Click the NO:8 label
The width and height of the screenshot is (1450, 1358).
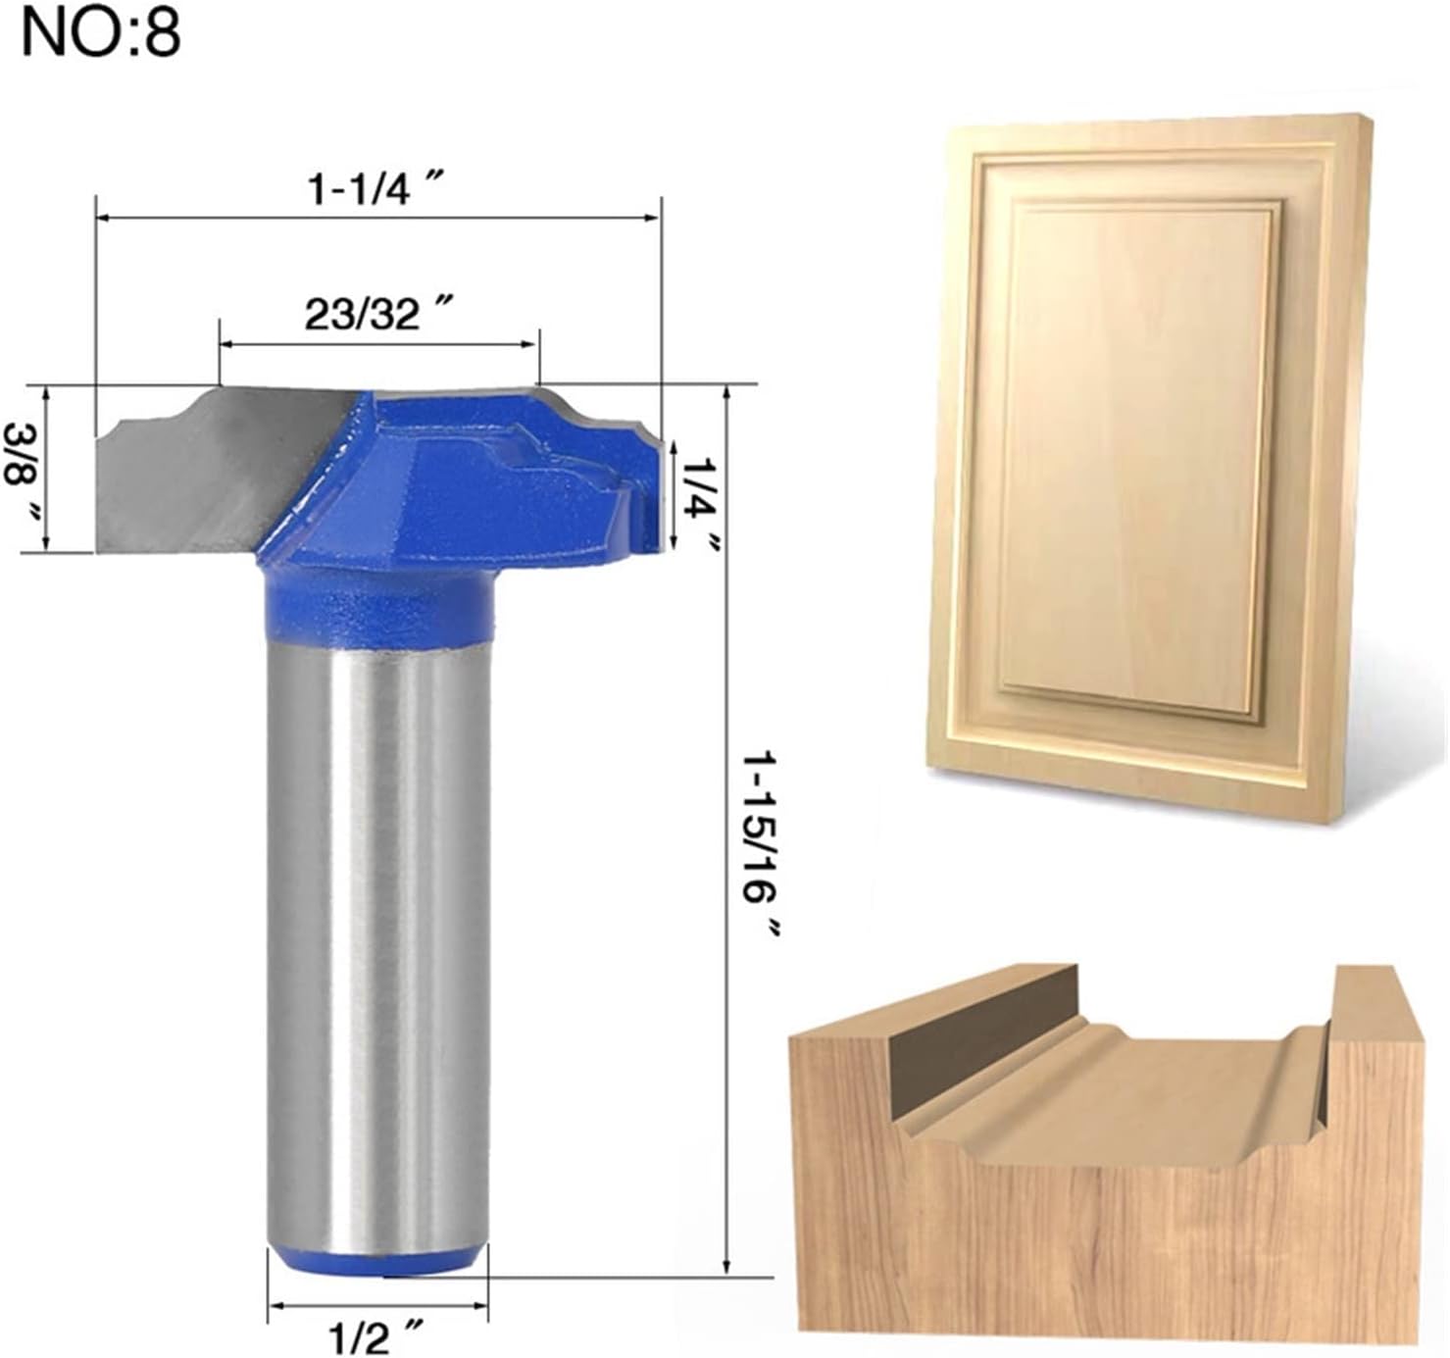[x=102, y=33]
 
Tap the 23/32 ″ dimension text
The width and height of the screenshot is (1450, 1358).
[x=376, y=315]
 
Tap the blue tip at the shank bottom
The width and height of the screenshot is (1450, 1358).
[x=376, y=1263]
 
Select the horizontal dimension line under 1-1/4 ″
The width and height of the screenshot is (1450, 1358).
[x=378, y=218]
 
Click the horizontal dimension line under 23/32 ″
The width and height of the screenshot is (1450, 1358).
[x=378, y=344]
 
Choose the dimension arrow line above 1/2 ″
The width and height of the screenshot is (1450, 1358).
[x=378, y=1305]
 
